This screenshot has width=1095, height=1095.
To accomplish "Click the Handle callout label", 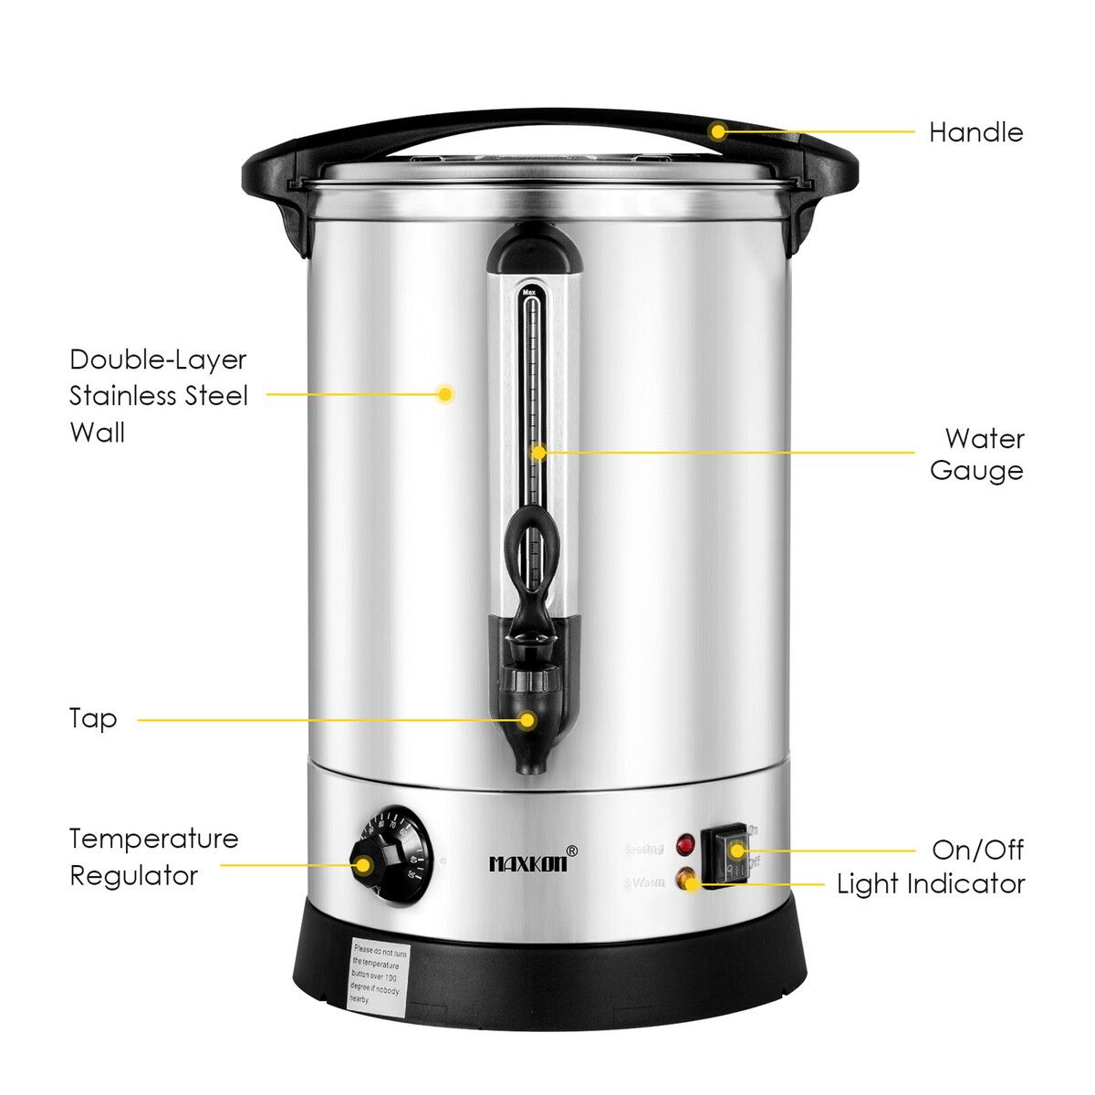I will click(975, 132).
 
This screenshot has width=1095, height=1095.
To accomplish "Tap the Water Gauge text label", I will click(975, 454).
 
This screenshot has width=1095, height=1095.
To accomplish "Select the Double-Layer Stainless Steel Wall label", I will click(158, 395).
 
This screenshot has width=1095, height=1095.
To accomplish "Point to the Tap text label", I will click(93, 718).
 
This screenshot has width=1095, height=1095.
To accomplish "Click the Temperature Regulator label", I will click(153, 857).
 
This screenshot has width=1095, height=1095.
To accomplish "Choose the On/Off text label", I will click(977, 850).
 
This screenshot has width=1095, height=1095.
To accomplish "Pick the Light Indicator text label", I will click(931, 884).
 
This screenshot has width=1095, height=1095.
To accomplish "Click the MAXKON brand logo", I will click(527, 862).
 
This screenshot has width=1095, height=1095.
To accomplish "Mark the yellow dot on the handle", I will click(718, 131).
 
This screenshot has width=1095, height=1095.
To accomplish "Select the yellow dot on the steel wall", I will click(445, 394).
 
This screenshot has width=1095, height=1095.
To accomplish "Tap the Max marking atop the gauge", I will click(529, 294).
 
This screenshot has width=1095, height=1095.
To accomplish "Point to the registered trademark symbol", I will click(571, 850).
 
